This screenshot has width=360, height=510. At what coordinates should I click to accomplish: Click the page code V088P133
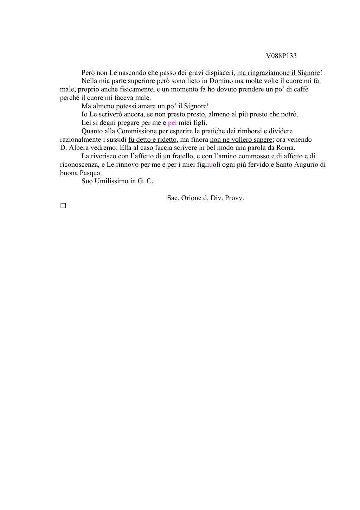click(x=281, y=56)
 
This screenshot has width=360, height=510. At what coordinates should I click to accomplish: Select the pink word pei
click(x=172, y=123)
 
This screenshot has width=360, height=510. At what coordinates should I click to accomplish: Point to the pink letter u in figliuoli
click(x=211, y=165)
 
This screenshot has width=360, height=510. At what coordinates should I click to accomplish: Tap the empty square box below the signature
click(x=63, y=206)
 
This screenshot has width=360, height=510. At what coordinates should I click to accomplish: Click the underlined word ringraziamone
click(x=269, y=73)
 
